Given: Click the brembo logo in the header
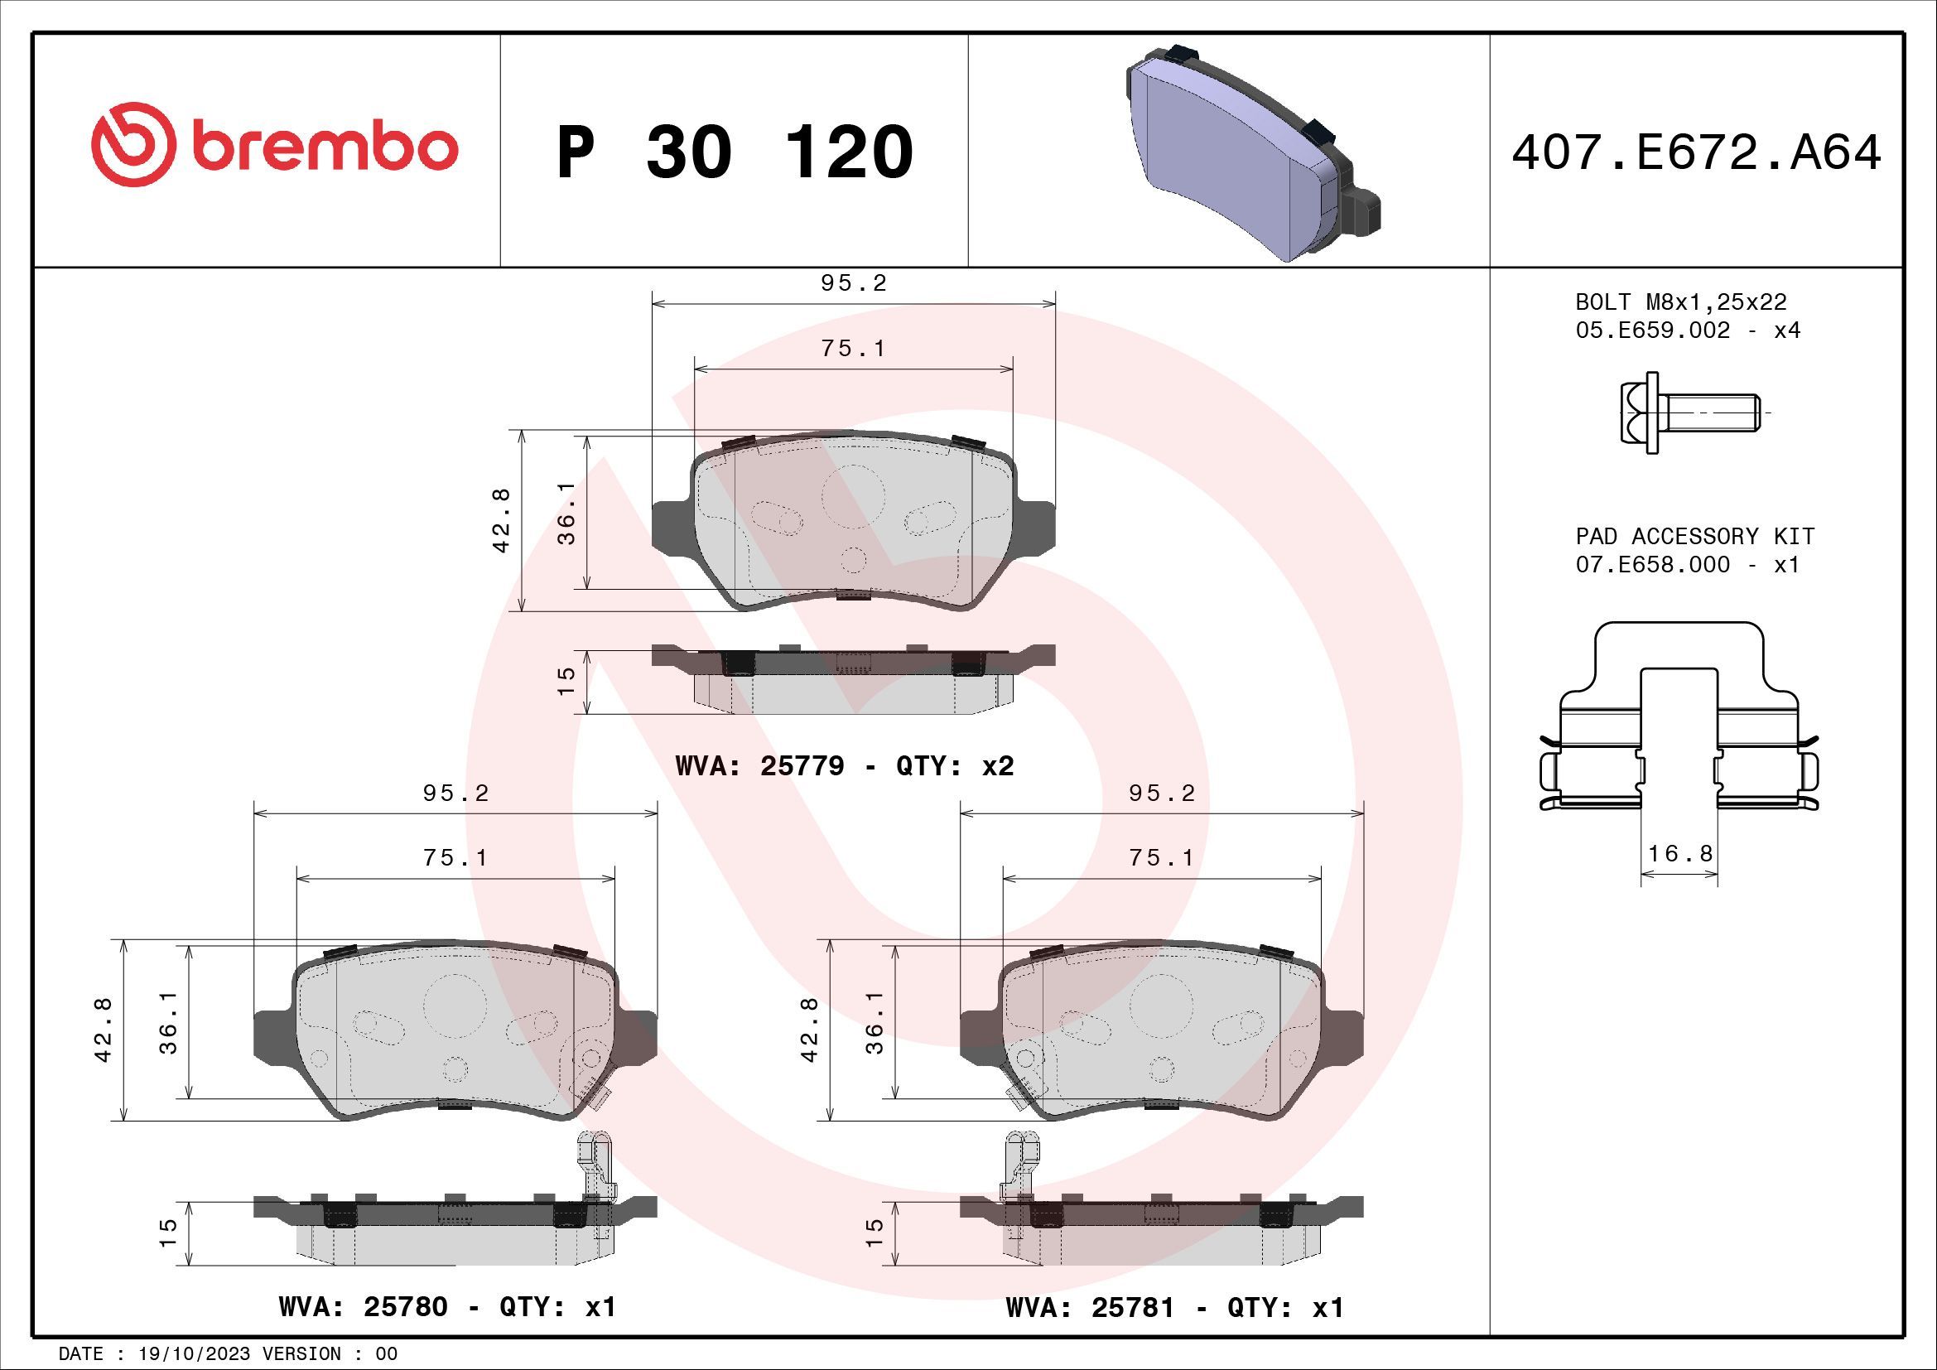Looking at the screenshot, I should (x=274, y=145).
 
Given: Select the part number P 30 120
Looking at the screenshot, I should (x=735, y=152).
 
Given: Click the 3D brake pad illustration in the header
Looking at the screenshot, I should (x=1249, y=152).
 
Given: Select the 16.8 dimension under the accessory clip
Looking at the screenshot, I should (x=1680, y=854).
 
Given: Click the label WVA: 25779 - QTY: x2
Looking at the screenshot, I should (x=845, y=766).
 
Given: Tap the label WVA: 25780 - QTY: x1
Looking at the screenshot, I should (x=447, y=1307).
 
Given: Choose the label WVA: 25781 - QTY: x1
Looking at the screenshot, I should (x=1174, y=1308).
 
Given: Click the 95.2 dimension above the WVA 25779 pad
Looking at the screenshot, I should (x=854, y=283).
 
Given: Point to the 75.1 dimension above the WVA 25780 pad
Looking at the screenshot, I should (x=455, y=858).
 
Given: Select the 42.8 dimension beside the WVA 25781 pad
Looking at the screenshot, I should (x=810, y=1030).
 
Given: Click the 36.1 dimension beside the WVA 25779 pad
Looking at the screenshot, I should (x=567, y=513).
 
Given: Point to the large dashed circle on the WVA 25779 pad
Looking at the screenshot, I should (x=853, y=495).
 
